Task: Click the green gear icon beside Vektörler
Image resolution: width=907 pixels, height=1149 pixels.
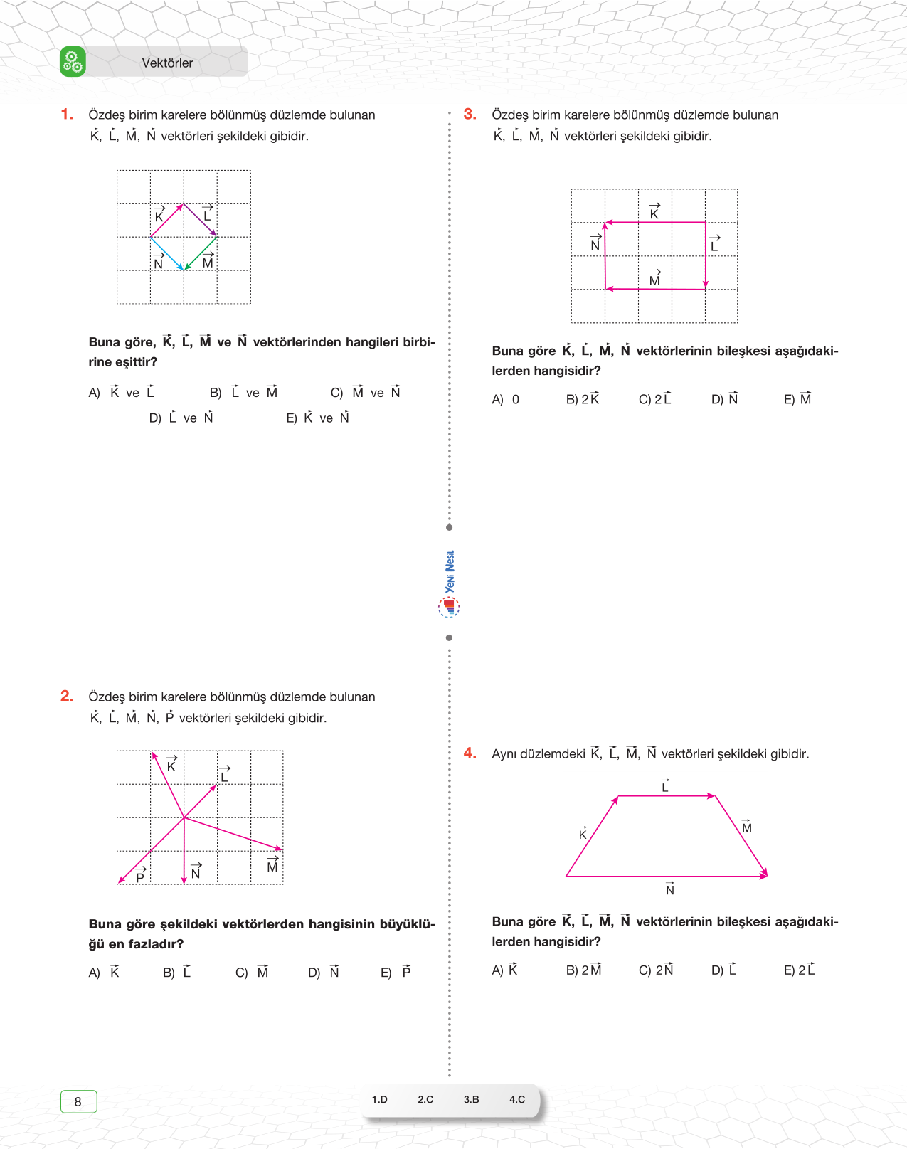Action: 73,62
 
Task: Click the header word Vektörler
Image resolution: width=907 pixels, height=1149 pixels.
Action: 167,63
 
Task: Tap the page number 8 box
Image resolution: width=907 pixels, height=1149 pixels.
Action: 78,1101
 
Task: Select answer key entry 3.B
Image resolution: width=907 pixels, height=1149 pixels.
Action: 471,1099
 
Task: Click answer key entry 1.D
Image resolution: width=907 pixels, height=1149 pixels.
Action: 380,1099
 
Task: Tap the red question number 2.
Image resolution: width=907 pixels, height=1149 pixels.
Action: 67,696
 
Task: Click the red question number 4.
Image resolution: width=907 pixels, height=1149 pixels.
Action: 470,753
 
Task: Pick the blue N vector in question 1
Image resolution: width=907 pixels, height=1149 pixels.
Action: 167,253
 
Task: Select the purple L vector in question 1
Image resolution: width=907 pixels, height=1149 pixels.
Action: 201,220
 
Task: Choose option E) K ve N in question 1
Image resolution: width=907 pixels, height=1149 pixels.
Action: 318,418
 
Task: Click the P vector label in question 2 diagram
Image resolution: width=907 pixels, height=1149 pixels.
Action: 140,874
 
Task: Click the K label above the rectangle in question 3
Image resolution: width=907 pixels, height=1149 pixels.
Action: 654,211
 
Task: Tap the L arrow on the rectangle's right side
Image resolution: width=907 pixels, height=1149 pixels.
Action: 705,255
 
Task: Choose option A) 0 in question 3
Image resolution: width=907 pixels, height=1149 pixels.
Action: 506,399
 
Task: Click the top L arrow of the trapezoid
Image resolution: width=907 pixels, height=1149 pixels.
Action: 667,795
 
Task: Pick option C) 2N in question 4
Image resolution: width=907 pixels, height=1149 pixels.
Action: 656,970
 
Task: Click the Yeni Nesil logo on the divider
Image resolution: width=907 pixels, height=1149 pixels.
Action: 449,583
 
